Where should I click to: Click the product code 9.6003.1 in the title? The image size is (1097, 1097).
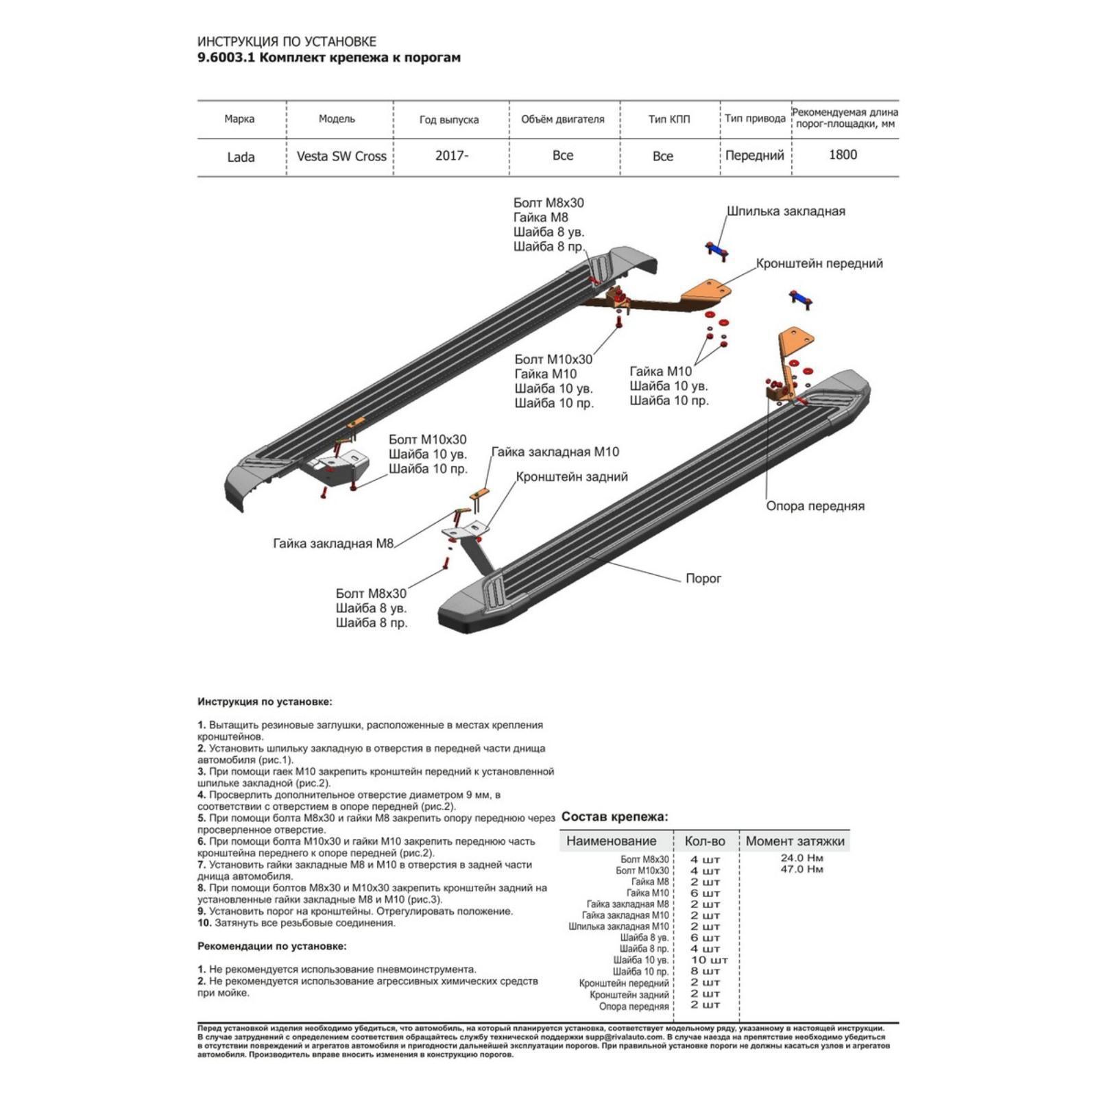point(226,58)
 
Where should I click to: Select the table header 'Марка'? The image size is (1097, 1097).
point(239,119)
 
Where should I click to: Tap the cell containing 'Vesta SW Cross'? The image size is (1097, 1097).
point(341,156)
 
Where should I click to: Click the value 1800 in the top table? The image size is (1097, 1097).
point(843,155)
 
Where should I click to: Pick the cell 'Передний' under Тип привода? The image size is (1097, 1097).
point(754,156)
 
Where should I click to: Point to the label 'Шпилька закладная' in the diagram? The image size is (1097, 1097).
point(786,211)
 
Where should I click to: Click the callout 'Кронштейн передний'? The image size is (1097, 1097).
point(819,263)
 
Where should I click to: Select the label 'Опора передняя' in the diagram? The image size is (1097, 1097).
point(815,506)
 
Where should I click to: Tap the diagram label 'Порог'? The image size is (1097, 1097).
point(703,579)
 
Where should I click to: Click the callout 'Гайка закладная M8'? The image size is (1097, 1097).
point(333,544)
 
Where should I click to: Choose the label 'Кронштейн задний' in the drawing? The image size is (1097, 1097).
point(572,477)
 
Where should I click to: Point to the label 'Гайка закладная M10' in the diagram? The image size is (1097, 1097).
point(555,452)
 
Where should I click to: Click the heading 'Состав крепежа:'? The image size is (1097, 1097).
point(614,817)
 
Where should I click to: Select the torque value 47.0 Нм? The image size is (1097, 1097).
point(801,869)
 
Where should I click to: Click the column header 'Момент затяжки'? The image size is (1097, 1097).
point(795,841)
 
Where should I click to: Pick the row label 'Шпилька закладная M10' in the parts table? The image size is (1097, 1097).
point(618,926)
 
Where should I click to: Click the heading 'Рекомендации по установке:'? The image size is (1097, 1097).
point(272,946)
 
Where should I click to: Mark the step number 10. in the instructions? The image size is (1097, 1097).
point(204,923)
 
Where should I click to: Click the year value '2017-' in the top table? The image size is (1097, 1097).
point(452,156)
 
